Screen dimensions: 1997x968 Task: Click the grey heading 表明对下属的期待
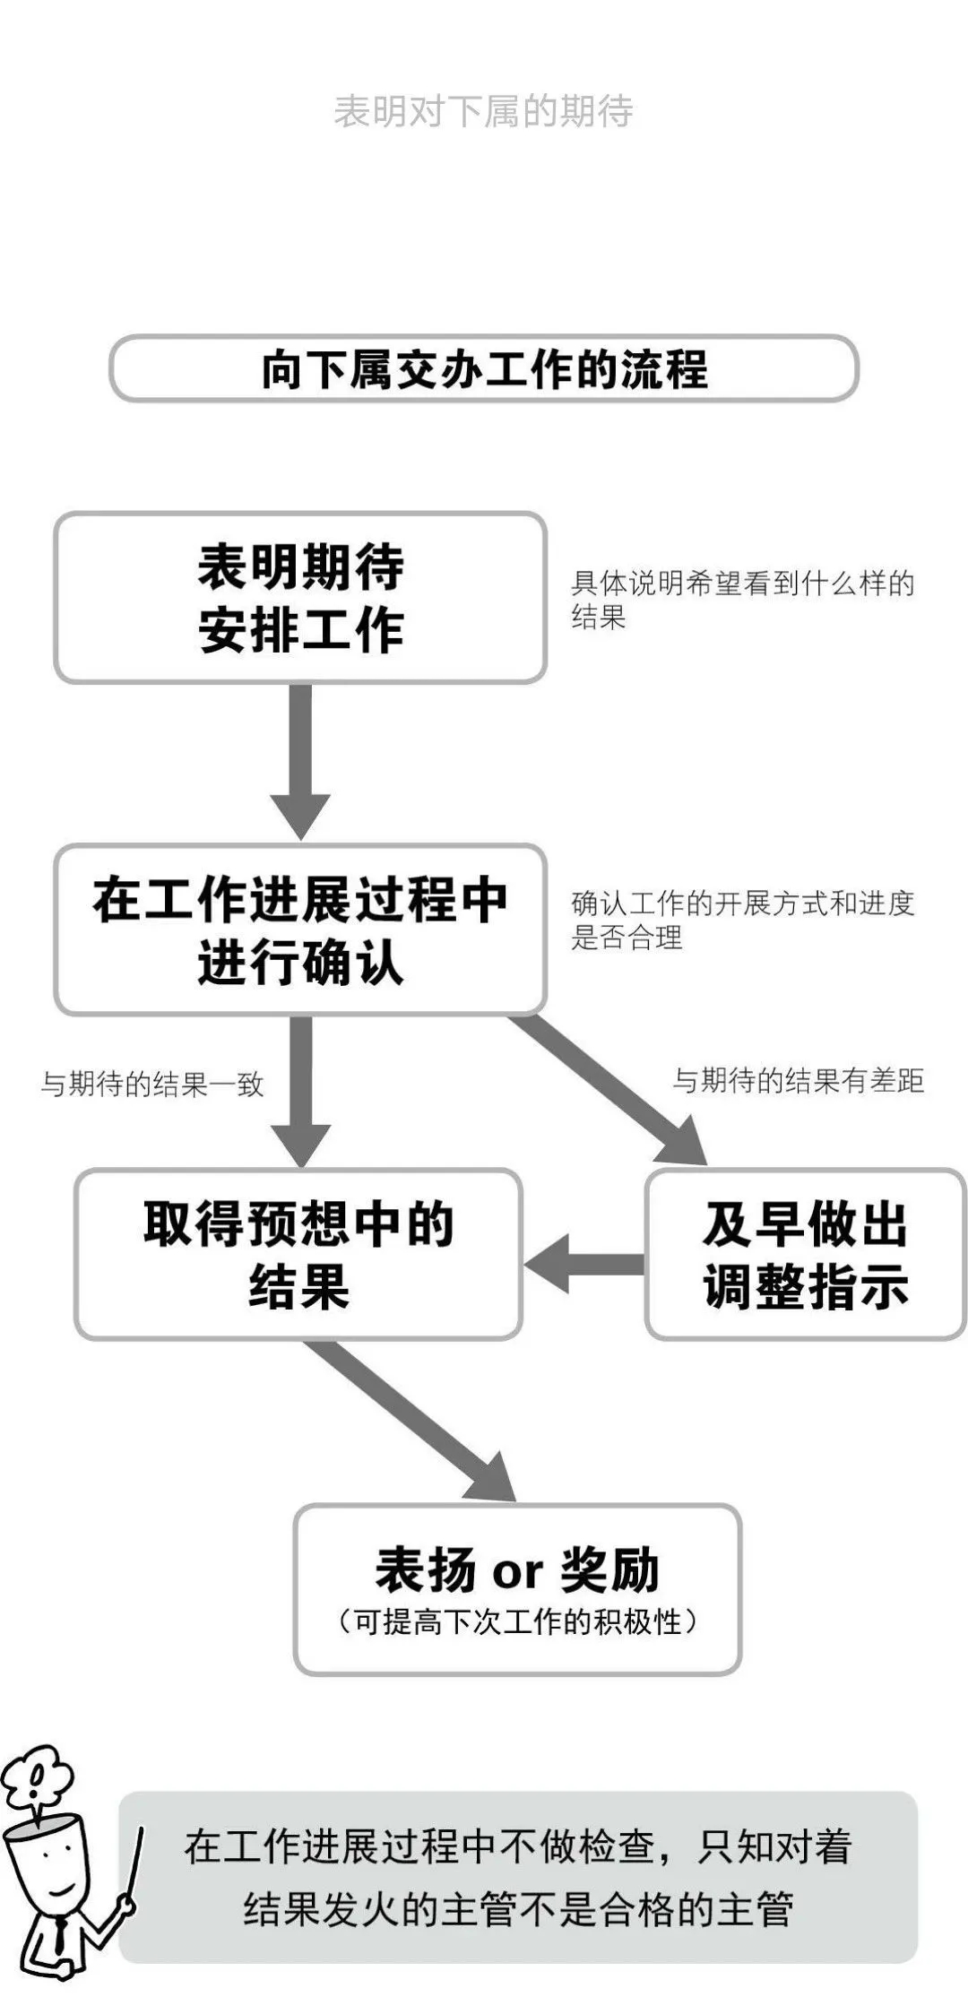[x=483, y=112]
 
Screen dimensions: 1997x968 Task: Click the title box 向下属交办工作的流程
[x=484, y=368]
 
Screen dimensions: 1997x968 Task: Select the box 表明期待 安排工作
[x=300, y=598]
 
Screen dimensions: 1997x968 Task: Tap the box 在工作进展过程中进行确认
[x=300, y=930]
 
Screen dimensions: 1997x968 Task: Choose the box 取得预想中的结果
[x=298, y=1255]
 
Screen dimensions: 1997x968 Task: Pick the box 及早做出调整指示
[x=805, y=1255]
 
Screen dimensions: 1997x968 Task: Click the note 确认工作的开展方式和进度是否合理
[x=742, y=920]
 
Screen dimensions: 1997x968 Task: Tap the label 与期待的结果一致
[x=152, y=1085]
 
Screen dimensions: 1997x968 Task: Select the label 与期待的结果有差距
[x=798, y=1081]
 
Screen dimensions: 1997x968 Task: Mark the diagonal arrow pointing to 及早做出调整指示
[x=618, y=1089]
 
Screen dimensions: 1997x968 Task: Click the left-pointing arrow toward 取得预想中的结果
[x=583, y=1265]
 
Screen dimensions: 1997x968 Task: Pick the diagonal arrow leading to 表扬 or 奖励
[x=412, y=1421]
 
